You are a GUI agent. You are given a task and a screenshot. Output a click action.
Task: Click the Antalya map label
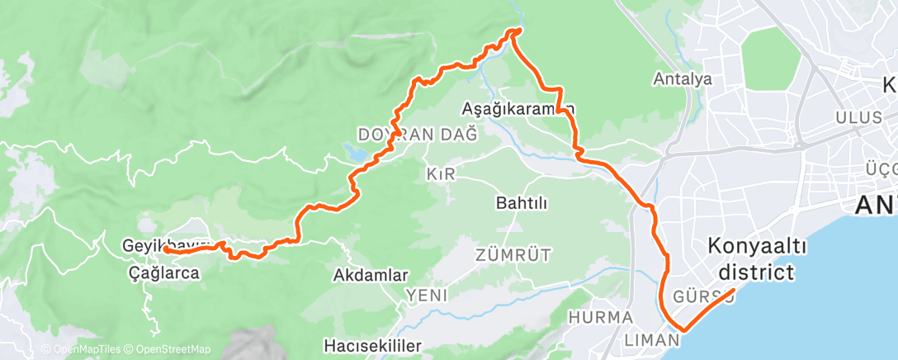tap(682, 80)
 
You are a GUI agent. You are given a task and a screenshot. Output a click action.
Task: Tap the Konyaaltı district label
tap(756, 259)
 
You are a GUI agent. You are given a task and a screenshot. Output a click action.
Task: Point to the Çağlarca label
tap(164, 272)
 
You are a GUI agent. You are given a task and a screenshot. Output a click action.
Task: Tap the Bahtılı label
tap(522, 202)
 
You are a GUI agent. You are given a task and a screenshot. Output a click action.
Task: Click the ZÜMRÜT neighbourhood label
tap(513, 253)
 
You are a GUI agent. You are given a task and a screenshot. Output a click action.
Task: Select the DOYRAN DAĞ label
tap(418, 135)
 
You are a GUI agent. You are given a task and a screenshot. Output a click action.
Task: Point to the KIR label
tap(442, 174)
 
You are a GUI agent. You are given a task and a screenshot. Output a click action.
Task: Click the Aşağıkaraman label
tap(518, 108)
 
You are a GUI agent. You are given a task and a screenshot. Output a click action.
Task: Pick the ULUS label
tap(858, 117)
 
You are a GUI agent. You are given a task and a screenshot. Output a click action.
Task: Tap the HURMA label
tap(601, 317)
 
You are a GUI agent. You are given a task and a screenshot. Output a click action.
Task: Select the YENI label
tap(426, 295)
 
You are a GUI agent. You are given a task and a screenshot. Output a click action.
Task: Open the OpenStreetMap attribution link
tap(168, 349)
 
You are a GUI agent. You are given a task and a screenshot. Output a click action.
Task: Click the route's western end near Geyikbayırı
tap(166, 248)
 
